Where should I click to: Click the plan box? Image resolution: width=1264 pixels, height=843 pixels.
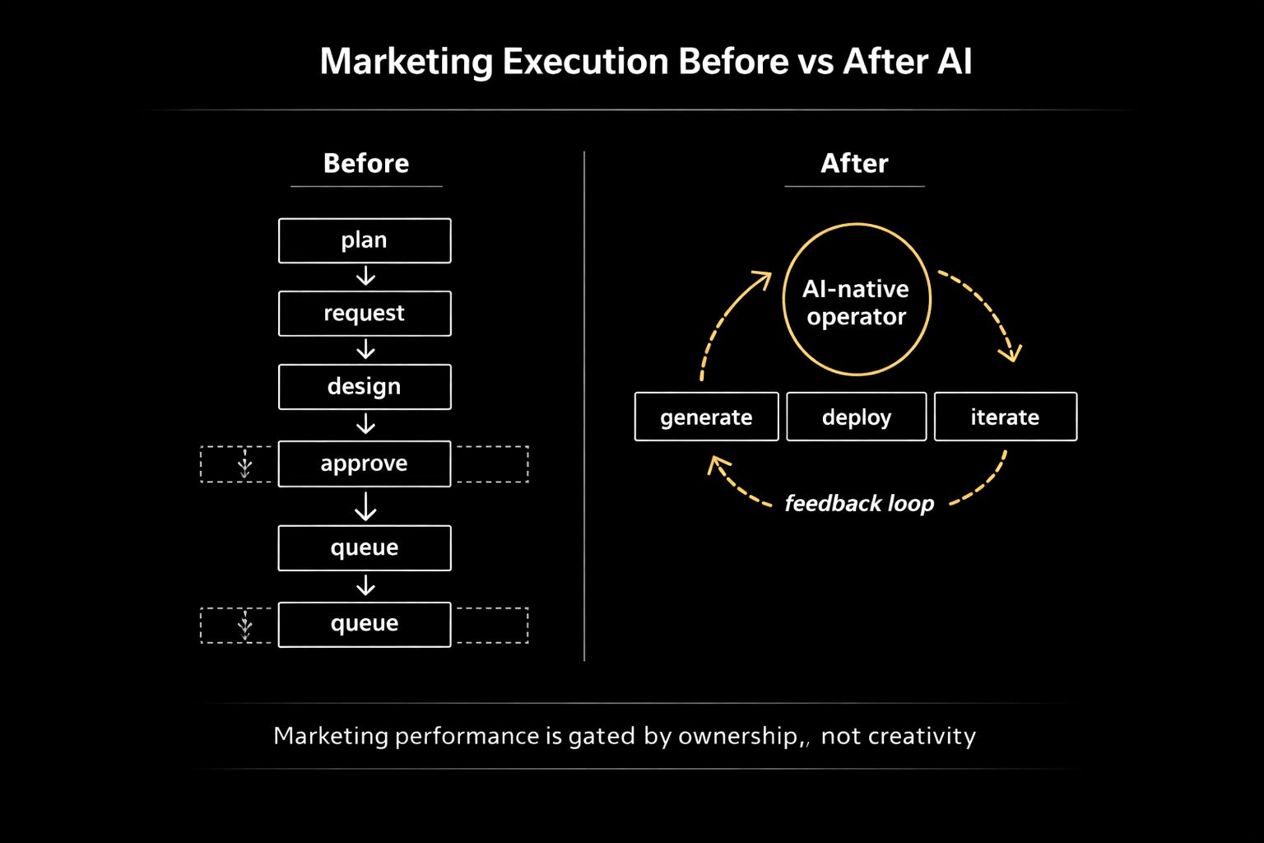365,240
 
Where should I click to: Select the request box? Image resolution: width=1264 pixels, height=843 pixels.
365,314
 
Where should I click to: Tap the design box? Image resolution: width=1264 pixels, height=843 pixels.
365,387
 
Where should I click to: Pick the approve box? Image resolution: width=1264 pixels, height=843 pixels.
365,463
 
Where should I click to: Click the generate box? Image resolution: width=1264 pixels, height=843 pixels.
706,417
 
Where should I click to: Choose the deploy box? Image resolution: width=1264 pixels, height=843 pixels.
856,417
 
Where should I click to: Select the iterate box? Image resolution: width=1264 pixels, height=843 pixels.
1005,417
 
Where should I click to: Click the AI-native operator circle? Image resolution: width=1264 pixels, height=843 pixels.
856,300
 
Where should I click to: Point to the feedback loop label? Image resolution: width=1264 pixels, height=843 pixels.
859,503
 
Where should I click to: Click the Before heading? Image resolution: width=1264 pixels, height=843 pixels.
365,163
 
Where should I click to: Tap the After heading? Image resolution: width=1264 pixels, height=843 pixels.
854,163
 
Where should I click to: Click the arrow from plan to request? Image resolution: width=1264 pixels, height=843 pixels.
365,277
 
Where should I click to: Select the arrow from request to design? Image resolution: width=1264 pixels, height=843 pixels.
365,350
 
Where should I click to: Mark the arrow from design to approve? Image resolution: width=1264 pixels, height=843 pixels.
365,425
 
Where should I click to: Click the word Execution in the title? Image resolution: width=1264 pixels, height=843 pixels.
585,62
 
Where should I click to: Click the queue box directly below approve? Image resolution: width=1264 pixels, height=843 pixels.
365,548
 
